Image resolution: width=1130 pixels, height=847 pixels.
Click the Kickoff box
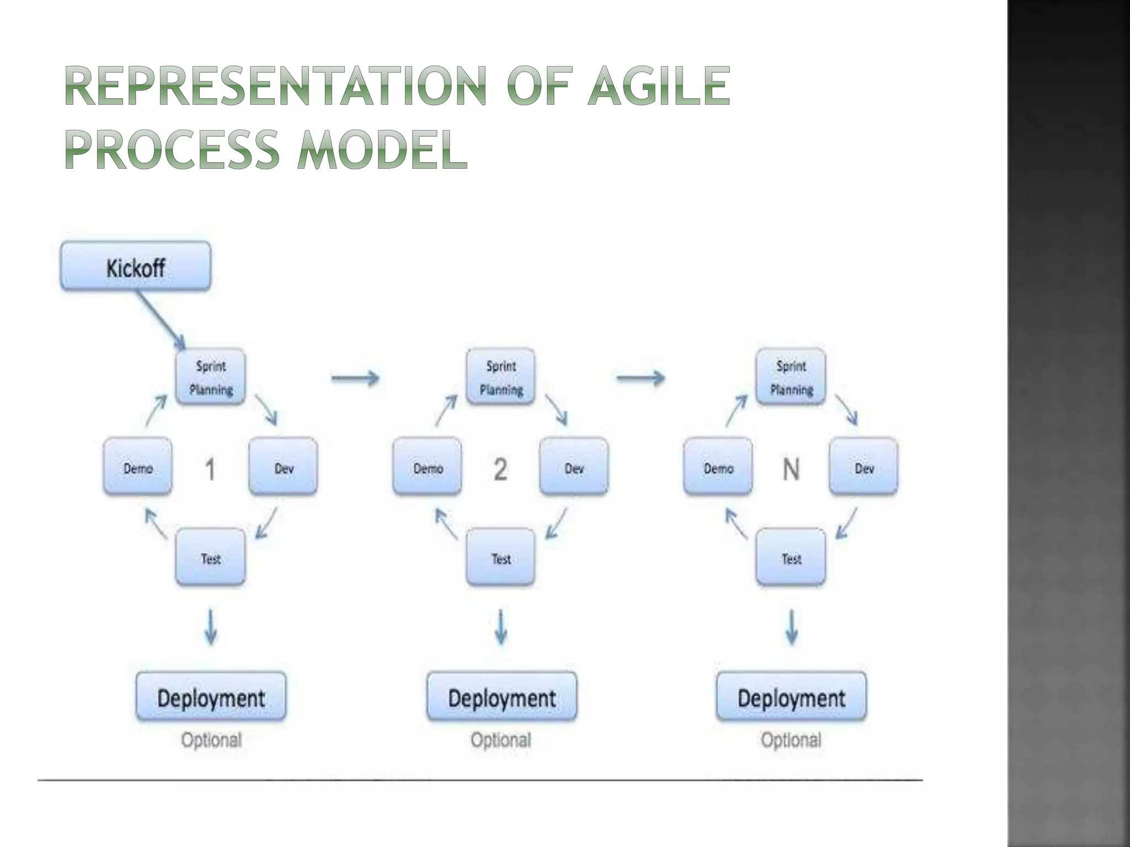[135, 266]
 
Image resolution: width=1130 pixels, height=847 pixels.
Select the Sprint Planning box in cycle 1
[210, 377]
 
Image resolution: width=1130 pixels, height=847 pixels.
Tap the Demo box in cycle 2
[428, 467]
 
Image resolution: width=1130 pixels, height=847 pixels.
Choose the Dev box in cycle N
[864, 467]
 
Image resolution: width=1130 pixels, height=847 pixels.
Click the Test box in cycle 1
[210, 557]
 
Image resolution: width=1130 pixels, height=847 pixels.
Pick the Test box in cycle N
[791, 557]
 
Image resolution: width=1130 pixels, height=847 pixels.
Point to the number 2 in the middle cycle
[500, 469]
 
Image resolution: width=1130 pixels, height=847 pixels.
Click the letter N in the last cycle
[791, 469]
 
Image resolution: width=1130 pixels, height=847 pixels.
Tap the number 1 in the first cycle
[210, 469]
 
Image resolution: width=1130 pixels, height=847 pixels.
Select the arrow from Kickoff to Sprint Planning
[161, 320]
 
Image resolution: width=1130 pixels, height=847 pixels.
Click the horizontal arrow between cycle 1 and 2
[355, 378]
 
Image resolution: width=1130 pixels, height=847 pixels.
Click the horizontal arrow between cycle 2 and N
[641, 378]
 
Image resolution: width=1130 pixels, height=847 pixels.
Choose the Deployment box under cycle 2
[502, 697]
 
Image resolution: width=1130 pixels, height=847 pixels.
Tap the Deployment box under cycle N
[791, 697]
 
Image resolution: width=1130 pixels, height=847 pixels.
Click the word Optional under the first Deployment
[211, 739]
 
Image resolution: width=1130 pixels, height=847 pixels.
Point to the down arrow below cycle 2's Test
[501, 627]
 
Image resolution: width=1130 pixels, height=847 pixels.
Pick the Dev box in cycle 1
[284, 467]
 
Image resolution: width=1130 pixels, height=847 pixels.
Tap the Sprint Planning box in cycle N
[791, 377]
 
